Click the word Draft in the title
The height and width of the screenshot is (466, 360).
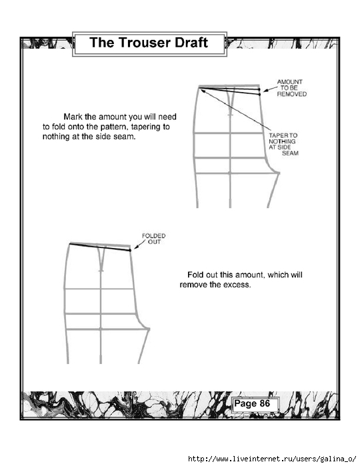pyautogui.click(x=191, y=43)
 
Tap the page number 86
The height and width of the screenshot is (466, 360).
pyautogui.click(x=265, y=403)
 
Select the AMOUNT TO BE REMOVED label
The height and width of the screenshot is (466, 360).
pyautogui.click(x=291, y=88)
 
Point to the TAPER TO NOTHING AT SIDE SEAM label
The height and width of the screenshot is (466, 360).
pyautogui.click(x=283, y=144)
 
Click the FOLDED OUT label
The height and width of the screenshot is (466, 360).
pyautogui.click(x=154, y=239)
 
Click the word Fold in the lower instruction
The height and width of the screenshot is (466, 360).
pyautogui.click(x=195, y=275)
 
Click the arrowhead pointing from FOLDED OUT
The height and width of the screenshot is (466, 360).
pyautogui.click(x=137, y=247)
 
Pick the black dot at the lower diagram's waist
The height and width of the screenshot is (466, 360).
pyautogui.click(x=130, y=251)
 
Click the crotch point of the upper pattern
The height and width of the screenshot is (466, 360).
pyautogui.click(x=278, y=173)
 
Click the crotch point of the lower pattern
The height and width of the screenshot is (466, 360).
pyautogui.click(x=149, y=329)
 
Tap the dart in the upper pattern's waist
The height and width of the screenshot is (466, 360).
pyautogui.click(x=230, y=101)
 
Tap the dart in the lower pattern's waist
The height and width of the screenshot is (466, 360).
pyautogui.click(x=101, y=258)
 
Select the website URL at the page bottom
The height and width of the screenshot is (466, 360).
pyautogui.click(x=272, y=459)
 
